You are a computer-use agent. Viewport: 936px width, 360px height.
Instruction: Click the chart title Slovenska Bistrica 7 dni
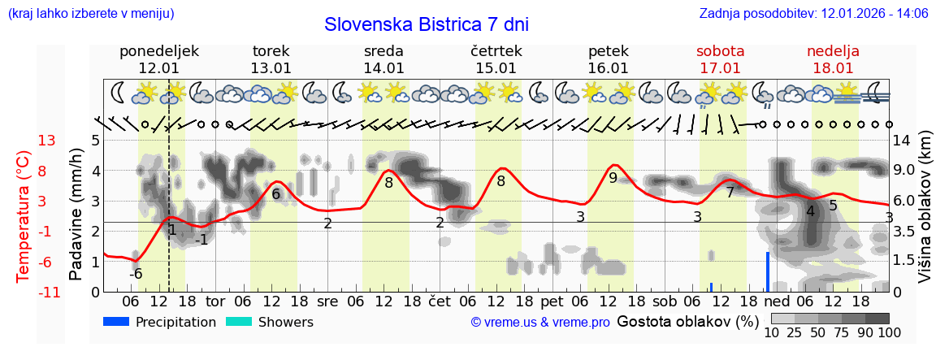point(426,24)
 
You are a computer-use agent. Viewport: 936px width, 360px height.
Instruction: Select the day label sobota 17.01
point(720,59)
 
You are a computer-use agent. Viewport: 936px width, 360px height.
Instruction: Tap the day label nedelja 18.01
point(833,59)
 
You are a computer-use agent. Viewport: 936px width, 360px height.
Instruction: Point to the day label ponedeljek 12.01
point(158,59)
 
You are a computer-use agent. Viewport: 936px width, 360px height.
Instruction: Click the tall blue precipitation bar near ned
point(767,271)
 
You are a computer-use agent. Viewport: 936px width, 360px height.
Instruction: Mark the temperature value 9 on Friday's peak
point(613,177)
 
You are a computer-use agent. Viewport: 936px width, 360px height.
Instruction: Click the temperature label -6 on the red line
point(136,274)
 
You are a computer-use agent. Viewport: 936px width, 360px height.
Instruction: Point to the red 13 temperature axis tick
point(46,141)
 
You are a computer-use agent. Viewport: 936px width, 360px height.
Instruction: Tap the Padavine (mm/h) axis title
point(76,215)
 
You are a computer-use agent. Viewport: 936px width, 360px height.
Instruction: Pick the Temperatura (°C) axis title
point(24,215)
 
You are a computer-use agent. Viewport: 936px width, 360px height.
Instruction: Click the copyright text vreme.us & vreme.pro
point(540,323)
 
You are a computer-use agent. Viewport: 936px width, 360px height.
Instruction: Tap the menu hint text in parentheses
point(90,14)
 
